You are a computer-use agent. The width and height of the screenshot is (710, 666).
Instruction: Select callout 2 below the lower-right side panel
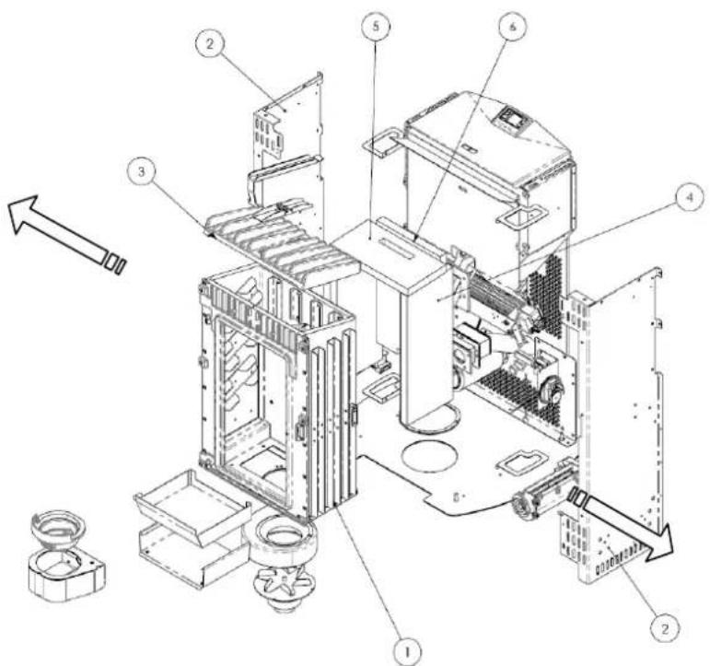coord(660,626)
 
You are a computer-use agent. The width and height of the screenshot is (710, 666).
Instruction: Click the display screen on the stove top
coord(510,117)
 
